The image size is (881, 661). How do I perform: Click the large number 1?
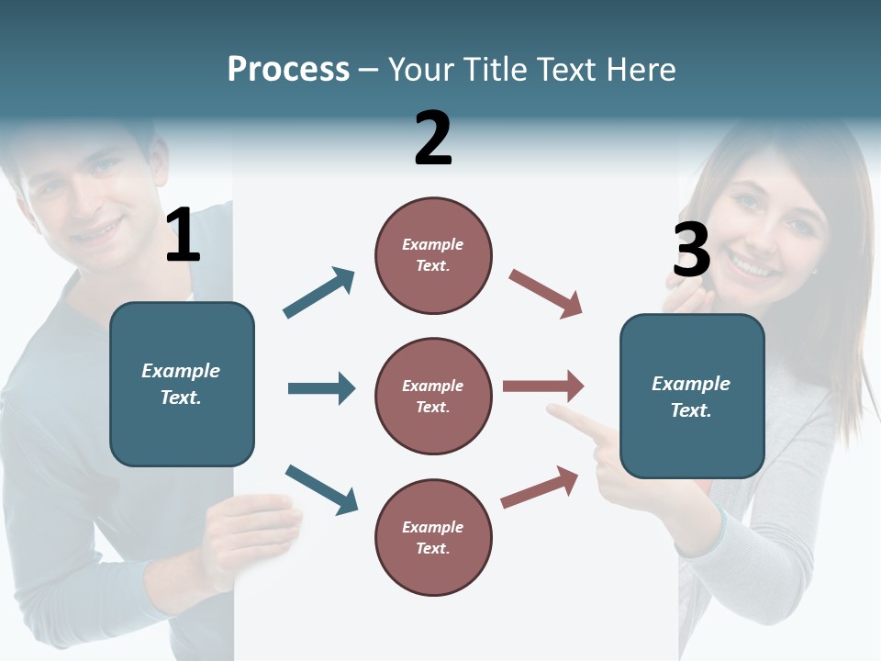[x=183, y=236]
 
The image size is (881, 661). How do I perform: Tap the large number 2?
[x=433, y=139]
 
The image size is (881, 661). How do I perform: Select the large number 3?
[x=691, y=250]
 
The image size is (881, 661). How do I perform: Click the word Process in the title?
[x=288, y=69]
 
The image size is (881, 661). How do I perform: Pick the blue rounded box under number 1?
[x=182, y=384]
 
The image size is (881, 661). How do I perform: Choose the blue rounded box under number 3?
[x=692, y=397]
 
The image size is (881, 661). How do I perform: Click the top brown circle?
[x=433, y=255]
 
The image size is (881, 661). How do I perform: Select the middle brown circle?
[x=433, y=397]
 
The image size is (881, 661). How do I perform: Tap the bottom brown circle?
[x=433, y=538]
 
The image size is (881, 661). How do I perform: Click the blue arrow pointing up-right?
[x=319, y=293]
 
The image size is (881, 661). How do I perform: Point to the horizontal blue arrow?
[x=321, y=388]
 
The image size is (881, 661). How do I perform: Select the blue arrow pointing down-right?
[x=321, y=489]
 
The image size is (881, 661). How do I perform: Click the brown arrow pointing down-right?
[x=546, y=294]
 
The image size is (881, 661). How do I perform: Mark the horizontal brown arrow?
[x=543, y=387]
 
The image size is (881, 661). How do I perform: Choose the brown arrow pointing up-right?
[x=540, y=487]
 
